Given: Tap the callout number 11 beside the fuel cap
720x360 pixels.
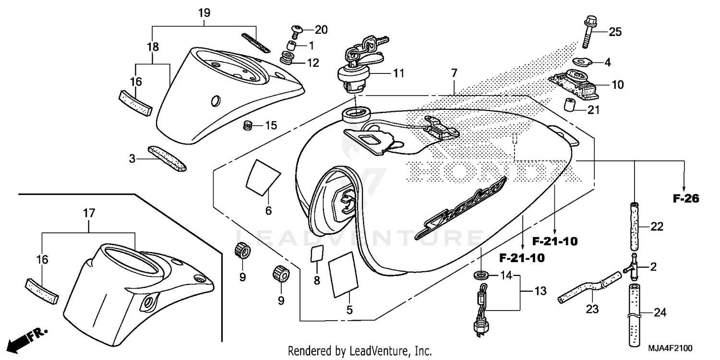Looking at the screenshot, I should click(x=399, y=73).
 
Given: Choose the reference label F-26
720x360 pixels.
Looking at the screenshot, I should click(x=685, y=198).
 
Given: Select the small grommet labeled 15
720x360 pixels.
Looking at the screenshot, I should click(x=248, y=126).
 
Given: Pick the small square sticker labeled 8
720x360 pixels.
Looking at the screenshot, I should click(x=316, y=253).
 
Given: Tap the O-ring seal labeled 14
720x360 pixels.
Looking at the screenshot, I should click(x=479, y=276).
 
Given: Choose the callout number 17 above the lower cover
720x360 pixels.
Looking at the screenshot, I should click(x=89, y=212).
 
